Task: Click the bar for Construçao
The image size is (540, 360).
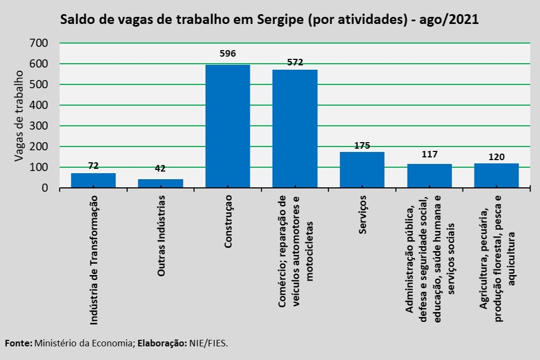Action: click(x=228, y=126)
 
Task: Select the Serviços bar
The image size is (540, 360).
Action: click(x=362, y=170)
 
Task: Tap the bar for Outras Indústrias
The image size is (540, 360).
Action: click(x=161, y=184)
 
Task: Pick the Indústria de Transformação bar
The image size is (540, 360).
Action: click(x=93, y=180)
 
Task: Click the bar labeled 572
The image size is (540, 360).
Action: click(x=294, y=129)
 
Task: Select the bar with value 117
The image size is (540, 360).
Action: click(x=429, y=176)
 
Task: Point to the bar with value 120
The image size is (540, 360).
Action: click(x=496, y=175)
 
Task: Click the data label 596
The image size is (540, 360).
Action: click(x=228, y=53)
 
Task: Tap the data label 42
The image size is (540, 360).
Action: click(x=161, y=168)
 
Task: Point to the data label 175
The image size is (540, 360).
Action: click(x=362, y=145)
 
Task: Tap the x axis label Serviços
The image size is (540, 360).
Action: click(x=363, y=214)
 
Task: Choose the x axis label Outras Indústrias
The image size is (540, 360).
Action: click(x=161, y=235)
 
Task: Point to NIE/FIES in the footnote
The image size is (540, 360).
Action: click(x=208, y=343)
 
